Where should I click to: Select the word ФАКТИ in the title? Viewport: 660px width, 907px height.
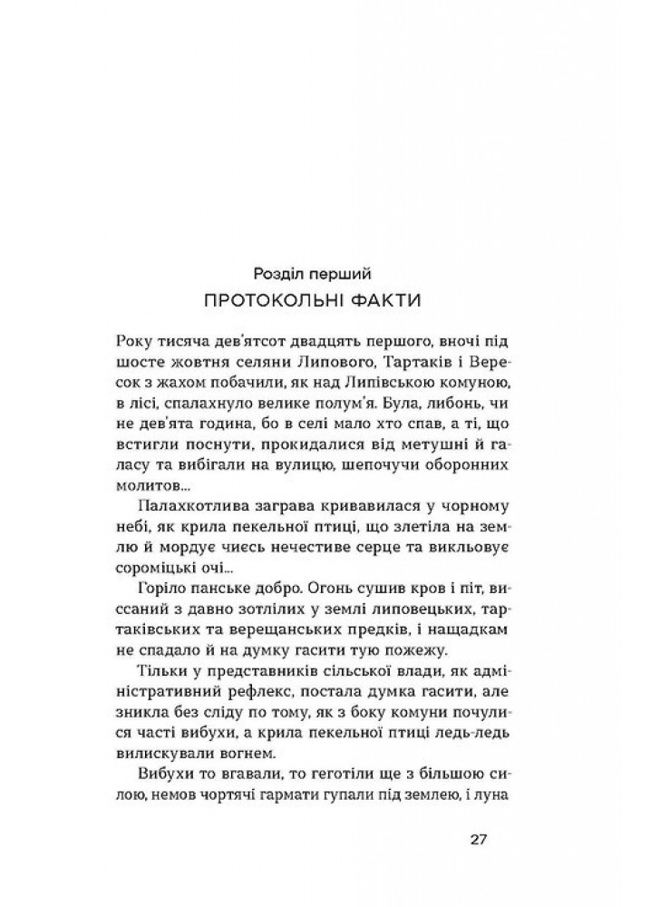(400, 299)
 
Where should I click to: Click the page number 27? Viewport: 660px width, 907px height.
(480, 837)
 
